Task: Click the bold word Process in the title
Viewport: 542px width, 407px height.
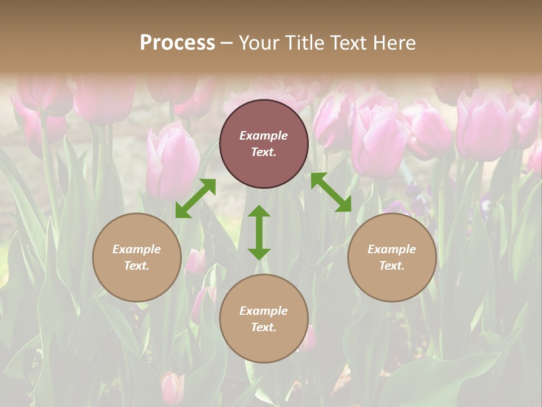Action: [x=177, y=43]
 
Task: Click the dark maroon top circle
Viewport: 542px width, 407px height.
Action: [x=264, y=170]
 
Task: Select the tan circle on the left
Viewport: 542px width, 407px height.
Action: [x=137, y=283]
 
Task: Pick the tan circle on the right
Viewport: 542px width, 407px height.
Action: [x=392, y=283]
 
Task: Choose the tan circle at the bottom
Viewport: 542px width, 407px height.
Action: [x=264, y=345]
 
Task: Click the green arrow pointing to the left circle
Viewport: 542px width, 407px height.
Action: [x=195, y=198]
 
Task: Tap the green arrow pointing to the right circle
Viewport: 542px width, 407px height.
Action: [x=331, y=192]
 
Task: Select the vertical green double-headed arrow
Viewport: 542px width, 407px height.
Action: [x=259, y=232]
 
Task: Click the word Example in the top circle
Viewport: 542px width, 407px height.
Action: [x=264, y=136]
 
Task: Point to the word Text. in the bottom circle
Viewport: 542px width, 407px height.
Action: [x=264, y=327]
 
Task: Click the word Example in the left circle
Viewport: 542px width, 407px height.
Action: [x=137, y=249]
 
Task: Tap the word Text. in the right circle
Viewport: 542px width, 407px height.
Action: [x=392, y=266]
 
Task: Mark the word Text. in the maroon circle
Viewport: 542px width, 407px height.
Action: [x=264, y=152]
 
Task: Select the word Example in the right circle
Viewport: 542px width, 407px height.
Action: [x=392, y=249]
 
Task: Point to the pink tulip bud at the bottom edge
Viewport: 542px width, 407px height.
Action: [x=172, y=388]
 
